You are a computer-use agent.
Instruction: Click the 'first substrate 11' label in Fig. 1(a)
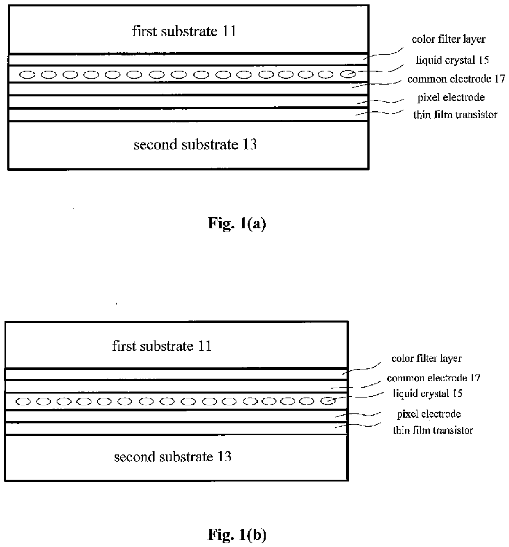[x=184, y=31]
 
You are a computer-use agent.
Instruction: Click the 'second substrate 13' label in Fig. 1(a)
[x=195, y=145]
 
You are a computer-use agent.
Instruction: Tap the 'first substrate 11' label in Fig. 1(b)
[x=162, y=346]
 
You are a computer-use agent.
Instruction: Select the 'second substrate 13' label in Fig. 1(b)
[x=172, y=457]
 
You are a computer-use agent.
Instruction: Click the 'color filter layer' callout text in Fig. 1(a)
[x=449, y=39]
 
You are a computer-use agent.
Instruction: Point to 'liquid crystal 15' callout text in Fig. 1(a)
[x=452, y=60]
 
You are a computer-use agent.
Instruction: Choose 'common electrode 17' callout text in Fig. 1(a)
[x=456, y=79]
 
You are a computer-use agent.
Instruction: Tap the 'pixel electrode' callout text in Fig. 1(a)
[x=451, y=98]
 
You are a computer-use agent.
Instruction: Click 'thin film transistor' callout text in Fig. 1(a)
[x=455, y=115]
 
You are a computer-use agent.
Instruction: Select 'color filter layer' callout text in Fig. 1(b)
[x=426, y=359]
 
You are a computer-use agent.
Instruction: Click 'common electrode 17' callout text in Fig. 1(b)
[x=433, y=378]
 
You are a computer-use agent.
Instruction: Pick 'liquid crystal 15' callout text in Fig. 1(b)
[x=428, y=393]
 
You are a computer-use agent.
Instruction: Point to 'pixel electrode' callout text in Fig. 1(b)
[x=429, y=414]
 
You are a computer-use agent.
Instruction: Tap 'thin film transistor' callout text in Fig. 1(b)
[x=433, y=430]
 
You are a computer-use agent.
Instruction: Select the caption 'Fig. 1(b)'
[x=237, y=535]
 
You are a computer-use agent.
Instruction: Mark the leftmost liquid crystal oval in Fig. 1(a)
[x=28, y=75]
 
